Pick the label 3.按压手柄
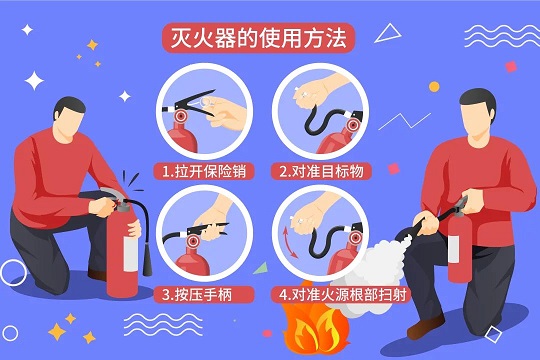[200, 295]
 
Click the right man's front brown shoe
[425, 327]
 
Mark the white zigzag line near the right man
[404, 122]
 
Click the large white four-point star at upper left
[36, 81]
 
